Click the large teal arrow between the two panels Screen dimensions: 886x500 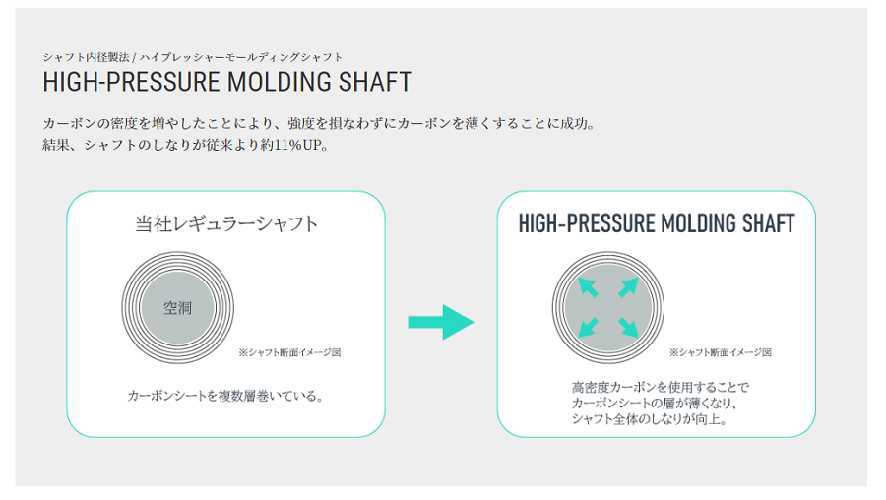pyautogui.click(x=441, y=322)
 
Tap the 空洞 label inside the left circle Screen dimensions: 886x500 pyautogui.click(x=177, y=308)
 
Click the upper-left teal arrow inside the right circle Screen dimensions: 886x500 pyautogui.click(x=588, y=287)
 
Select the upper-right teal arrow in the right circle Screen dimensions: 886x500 pyautogui.click(x=628, y=287)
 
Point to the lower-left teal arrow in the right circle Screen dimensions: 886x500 pyautogui.click(x=588, y=328)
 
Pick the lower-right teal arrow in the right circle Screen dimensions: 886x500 pyautogui.click(x=628, y=328)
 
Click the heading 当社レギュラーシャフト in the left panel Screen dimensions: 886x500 pyautogui.click(x=226, y=223)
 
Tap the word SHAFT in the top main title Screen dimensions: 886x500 pyautogui.click(x=375, y=82)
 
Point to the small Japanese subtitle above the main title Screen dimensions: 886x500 pyautogui.click(x=193, y=57)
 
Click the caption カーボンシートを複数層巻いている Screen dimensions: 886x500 pyautogui.click(x=226, y=396)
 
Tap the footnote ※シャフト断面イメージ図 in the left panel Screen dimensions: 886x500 pyautogui.click(x=289, y=352)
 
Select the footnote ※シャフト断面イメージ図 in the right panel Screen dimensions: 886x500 pyautogui.click(x=720, y=352)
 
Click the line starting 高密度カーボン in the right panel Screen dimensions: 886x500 pyautogui.click(x=660, y=388)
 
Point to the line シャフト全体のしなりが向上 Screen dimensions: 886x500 pyautogui.click(x=650, y=419)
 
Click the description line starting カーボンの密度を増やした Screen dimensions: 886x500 pyautogui.click(x=320, y=123)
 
